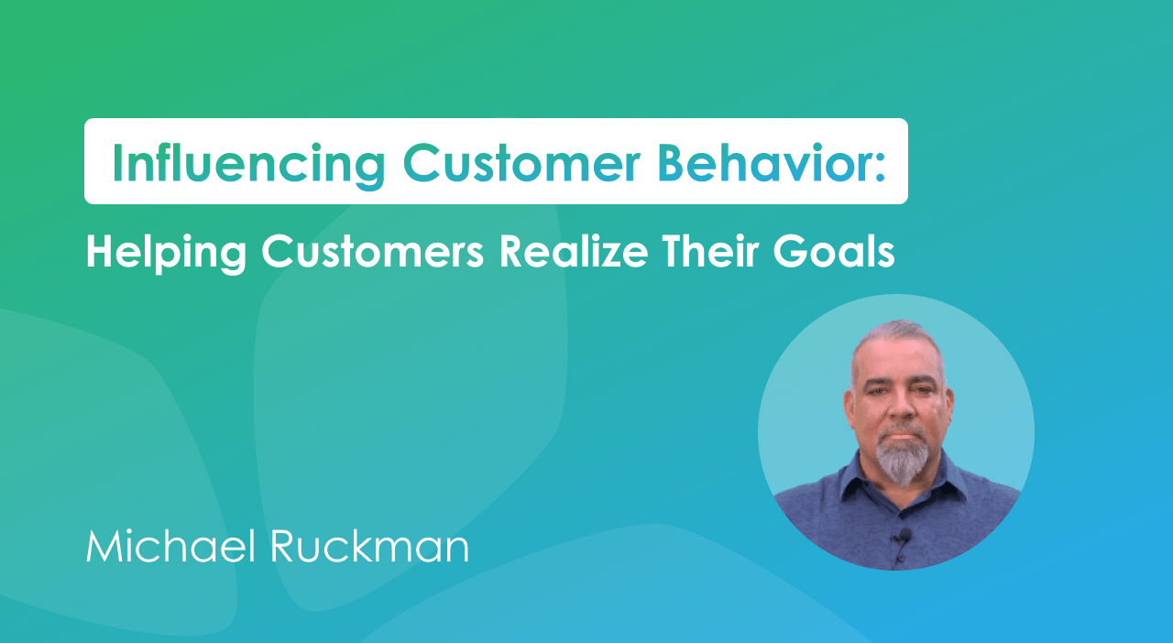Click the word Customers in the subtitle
coord(372,250)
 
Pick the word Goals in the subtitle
coord(843,250)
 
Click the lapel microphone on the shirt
coord(904,536)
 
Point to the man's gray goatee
coord(902,458)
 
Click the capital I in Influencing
coord(117,162)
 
